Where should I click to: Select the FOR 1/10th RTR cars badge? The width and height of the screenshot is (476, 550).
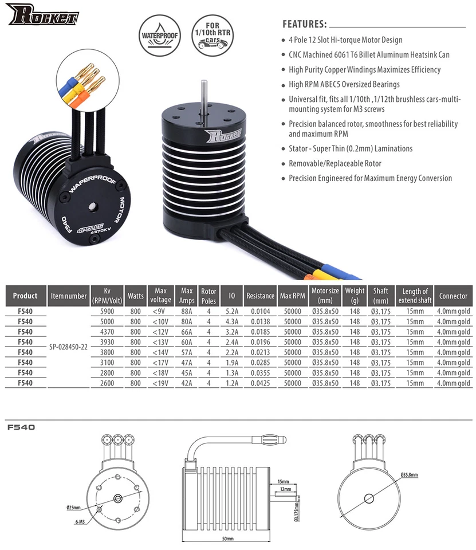[x=213, y=36]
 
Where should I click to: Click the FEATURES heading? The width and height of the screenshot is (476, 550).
[x=305, y=25]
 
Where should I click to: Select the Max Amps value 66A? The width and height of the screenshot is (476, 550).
[x=187, y=332]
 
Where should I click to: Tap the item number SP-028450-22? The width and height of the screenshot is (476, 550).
[x=69, y=347]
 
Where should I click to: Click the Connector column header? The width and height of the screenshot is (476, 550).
[x=453, y=296]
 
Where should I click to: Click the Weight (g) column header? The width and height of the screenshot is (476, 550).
[x=355, y=296]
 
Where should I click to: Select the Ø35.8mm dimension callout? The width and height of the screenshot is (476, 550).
[x=409, y=475]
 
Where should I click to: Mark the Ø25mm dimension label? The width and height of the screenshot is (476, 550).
[x=73, y=508]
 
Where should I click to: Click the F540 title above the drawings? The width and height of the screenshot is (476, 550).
[x=22, y=426]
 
